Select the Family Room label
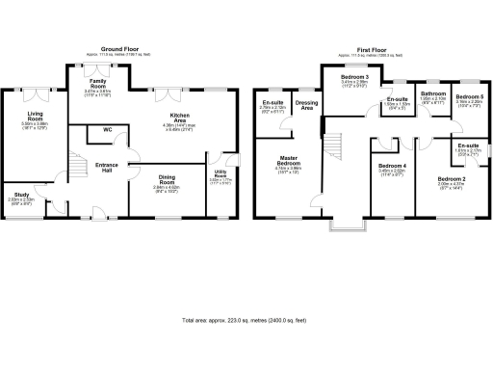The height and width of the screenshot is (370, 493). click(x=98, y=84)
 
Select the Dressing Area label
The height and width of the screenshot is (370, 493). click(x=308, y=104)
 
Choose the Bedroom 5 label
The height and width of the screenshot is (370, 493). click(x=469, y=97)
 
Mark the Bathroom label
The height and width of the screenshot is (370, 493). click(x=432, y=93)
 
